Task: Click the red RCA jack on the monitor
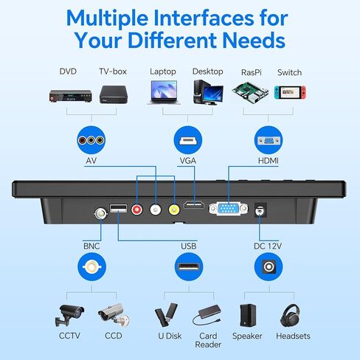(x=136, y=210)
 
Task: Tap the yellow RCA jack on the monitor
(x=174, y=210)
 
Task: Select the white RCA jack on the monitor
(x=156, y=210)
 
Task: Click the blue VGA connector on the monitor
(x=229, y=209)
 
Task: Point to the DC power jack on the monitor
(x=260, y=210)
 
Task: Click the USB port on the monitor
(x=118, y=209)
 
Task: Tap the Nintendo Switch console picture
(x=290, y=92)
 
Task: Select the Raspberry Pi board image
(x=250, y=93)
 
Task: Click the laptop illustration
(x=164, y=92)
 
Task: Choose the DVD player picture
(x=71, y=95)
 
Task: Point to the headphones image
(x=291, y=316)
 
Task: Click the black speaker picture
(x=248, y=315)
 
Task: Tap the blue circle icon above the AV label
(x=91, y=140)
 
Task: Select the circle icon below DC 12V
(x=269, y=266)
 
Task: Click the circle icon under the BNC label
(x=91, y=266)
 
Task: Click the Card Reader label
(x=208, y=340)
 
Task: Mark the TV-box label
(x=113, y=72)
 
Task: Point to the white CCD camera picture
(x=114, y=315)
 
